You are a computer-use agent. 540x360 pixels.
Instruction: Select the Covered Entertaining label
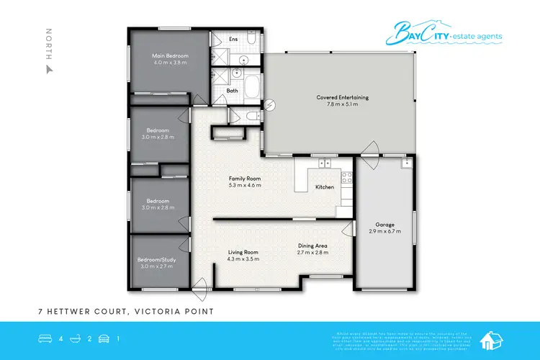pos(337,97)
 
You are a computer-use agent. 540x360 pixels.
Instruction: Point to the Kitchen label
pos(325,187)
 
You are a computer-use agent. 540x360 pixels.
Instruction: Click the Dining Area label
pos(313,246)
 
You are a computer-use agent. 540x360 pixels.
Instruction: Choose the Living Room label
pos(243,252)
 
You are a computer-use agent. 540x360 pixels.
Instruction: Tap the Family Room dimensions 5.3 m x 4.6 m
pos(245,185)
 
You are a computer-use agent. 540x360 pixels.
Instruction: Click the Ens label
pos(233,39)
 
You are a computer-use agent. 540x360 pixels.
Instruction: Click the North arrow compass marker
pos(49,70)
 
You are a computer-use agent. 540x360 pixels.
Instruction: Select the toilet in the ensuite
pos(245,60)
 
